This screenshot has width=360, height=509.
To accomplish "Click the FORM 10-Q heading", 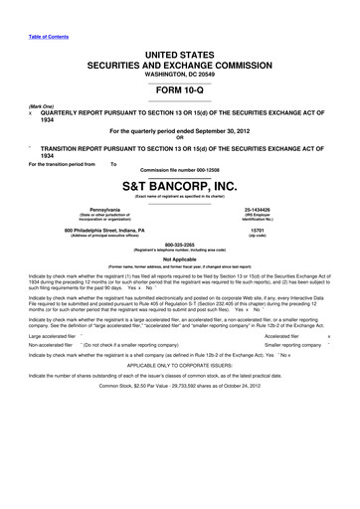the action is tap(179, 88).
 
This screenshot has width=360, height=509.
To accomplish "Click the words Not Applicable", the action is tap(179, 258).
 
